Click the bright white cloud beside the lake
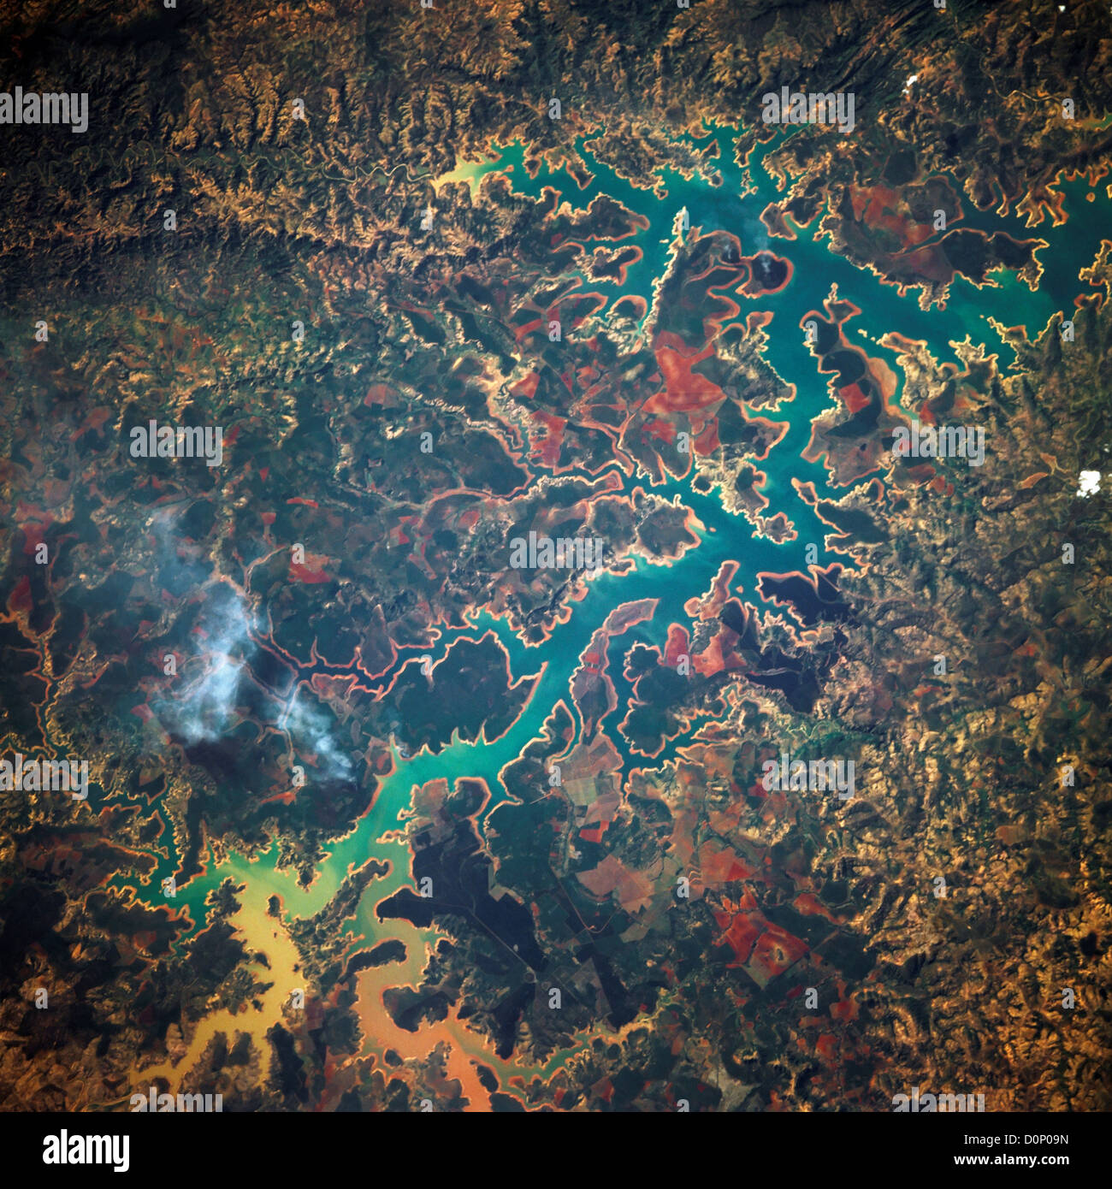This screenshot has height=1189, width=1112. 1089,482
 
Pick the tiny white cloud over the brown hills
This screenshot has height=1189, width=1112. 909,83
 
